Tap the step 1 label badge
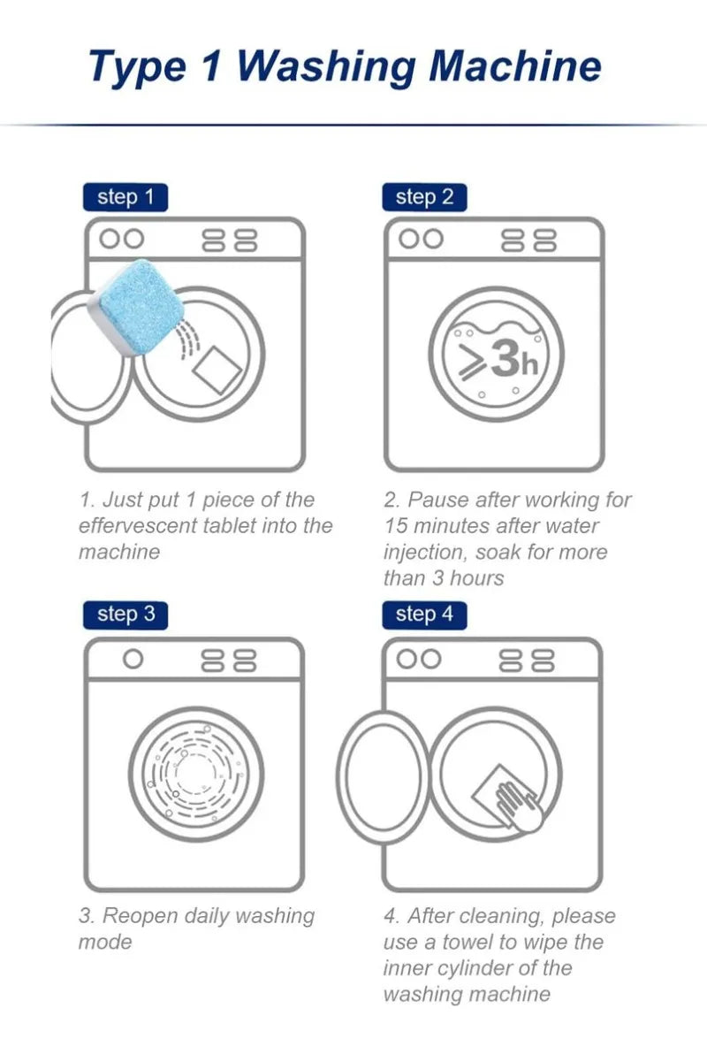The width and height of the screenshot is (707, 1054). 125,198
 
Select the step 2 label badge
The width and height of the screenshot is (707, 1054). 424,198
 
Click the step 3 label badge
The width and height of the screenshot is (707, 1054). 125,615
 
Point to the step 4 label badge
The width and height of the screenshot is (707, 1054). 424,615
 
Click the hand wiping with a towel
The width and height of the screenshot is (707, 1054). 519,806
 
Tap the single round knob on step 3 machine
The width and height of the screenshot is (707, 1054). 133,660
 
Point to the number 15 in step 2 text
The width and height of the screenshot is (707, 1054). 396,525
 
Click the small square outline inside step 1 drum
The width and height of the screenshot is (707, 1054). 217,370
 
